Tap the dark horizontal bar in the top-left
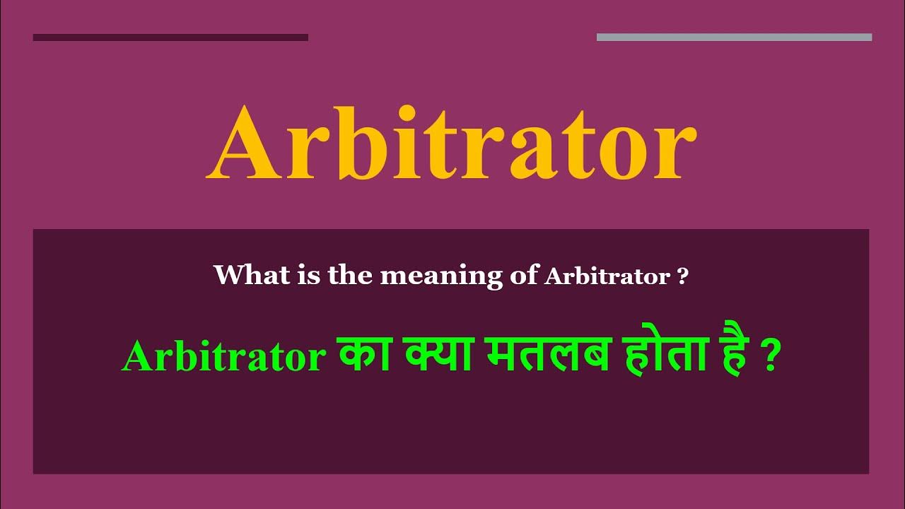(x=170, y=37)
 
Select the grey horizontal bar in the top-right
(x=734, y=37)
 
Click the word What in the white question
(x=244, y=274)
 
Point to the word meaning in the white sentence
(x=441, y=275)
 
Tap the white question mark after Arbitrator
(x=682, y=276)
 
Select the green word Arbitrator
(x=223, y=358)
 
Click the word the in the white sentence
(x=351, y=274)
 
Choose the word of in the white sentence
(x=524, y=274)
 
